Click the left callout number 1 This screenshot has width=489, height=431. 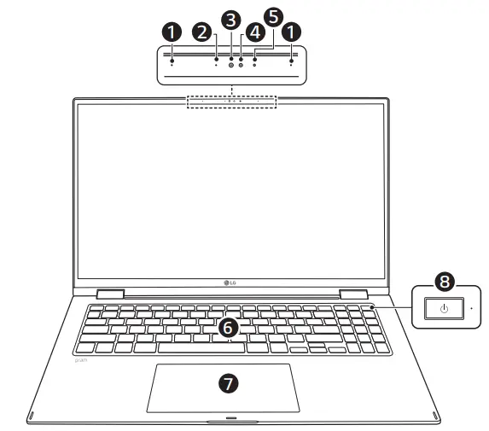pyautogui.click(x=172, y=32)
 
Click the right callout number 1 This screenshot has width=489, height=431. pyautogui.click(x=292, y=32)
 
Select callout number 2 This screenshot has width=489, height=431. pyautogui.click(x=202, y=32)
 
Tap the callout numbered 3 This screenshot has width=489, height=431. pyautogui.click(x=230, y=19)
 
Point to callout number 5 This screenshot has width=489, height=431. pyautogui.click(x=272, y=17)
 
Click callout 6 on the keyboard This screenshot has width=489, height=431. pyautogui.click(x=228, y=327)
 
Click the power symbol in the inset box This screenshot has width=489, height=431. pyautogui.click(x=443, y=307)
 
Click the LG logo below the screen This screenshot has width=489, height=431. pyautogui.click(x=230, y=284)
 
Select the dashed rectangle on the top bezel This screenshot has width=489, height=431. pyautogui.click(x=231, y=102)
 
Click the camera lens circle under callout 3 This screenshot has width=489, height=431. pyautogui.click(x=231, y=64)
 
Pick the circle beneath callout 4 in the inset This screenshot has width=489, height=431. pyautogui.click(x=242, y=64)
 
